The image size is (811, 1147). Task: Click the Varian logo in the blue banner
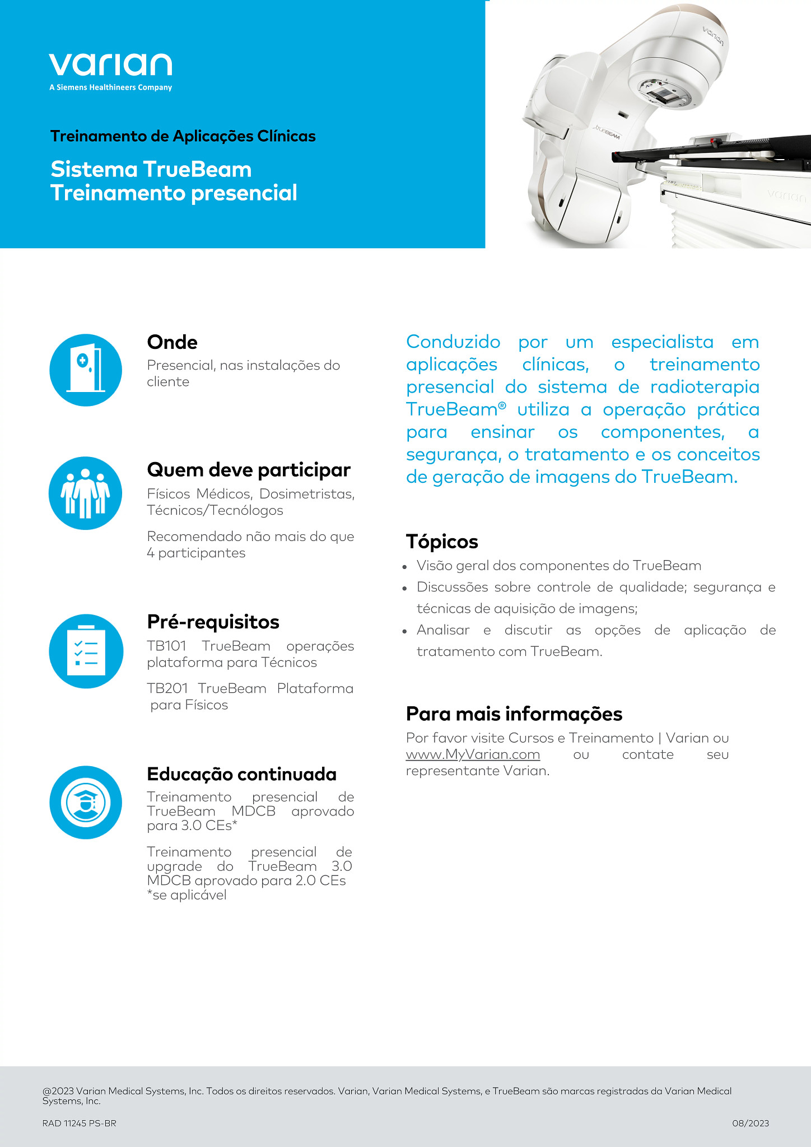pos(110,65)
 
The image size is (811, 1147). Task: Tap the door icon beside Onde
pos(86,370)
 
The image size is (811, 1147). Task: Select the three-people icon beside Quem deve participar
pos(86,493)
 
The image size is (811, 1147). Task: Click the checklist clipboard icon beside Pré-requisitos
pos(86,651)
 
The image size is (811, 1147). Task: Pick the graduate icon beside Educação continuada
pos(86,802)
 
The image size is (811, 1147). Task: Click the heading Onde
pos(172,342)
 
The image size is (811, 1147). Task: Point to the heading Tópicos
pos(442,542)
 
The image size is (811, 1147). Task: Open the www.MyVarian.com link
pos(473,754)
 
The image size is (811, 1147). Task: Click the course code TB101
pos(166,646)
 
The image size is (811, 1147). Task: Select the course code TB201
pos(167,688)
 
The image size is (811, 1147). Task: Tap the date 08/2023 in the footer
pos(750,1123)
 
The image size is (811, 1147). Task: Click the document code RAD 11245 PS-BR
pos(79,1123)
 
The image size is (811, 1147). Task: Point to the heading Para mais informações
pos(514,714)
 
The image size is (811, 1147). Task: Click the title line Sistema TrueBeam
pos(151,170)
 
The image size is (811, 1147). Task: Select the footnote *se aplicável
pos(187,895)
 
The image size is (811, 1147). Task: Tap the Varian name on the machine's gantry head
pos(713,36)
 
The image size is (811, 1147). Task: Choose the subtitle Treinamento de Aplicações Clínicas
pos(183,136)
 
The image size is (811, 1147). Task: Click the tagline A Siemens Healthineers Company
pos(110,87)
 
